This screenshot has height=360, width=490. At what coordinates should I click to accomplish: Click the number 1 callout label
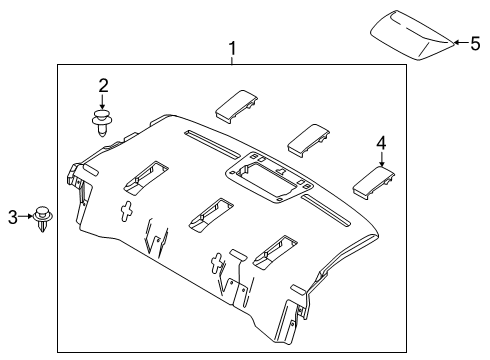tap(232, 47)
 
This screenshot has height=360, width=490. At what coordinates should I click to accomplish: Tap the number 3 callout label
tap(13, 215)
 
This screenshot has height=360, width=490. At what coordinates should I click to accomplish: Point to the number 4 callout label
tap(380, 143)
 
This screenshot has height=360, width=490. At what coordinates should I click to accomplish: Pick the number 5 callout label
tap(475, 43)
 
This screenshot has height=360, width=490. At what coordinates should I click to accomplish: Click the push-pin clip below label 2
tap(100, 122)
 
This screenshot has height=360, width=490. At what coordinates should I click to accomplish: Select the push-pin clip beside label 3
tap(42, 218)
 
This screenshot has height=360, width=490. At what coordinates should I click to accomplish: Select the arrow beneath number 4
tap(380, 159)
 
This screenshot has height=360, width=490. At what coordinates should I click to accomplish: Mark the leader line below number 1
tap(232, 60)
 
